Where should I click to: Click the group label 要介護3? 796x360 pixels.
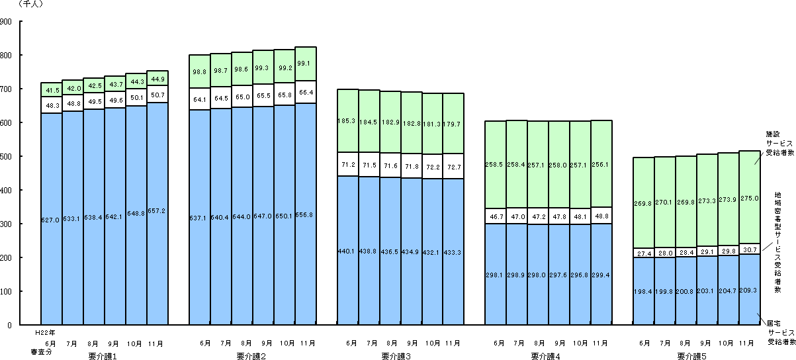click(x=396, y=356)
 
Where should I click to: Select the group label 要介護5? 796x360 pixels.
click(x=691, y=356)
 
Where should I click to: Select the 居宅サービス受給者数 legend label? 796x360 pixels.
click(x=778, y=333)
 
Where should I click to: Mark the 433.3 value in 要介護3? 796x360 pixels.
click(x=453, y=252)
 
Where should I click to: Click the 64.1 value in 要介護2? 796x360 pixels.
click(x=199, y=100)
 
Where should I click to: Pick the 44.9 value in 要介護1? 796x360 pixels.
click(x=157, y=79)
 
